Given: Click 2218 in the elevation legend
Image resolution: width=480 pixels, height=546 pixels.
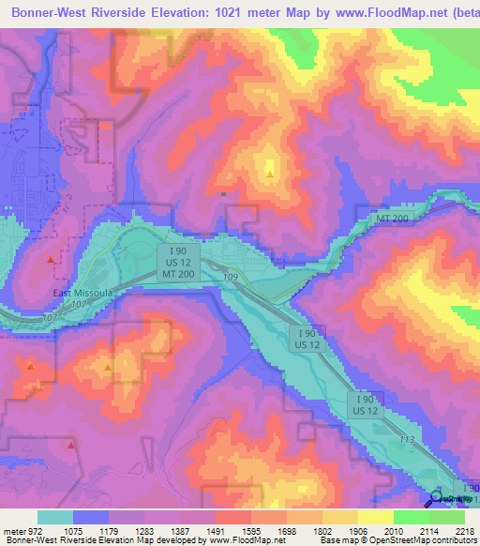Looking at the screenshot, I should [466, 530].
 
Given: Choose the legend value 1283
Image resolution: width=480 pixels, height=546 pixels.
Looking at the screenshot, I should [143, 530].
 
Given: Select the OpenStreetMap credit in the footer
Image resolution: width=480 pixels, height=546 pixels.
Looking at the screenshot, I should [438, 541].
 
